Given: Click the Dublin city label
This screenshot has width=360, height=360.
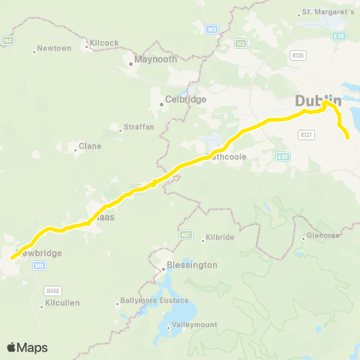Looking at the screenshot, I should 318,100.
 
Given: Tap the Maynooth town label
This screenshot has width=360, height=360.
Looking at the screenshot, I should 155,59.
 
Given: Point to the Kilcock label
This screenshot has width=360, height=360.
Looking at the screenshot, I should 104,43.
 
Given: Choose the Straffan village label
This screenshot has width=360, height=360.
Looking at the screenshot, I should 139,127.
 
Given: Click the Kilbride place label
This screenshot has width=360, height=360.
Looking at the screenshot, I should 219,237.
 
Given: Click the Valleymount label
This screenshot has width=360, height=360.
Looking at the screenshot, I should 193,324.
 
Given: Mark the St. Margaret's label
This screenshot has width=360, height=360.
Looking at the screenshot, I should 327,12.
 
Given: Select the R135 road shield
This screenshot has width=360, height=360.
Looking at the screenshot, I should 298,55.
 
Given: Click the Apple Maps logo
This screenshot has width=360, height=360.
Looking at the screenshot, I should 27,347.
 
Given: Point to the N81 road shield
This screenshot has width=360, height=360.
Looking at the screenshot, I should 185,235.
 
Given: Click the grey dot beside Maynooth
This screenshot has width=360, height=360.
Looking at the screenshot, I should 130,64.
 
